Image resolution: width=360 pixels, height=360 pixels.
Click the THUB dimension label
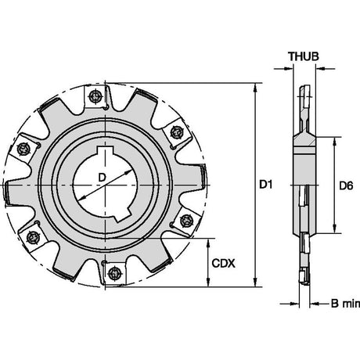pos(304,56)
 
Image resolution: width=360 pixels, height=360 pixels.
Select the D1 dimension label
pos(266,185)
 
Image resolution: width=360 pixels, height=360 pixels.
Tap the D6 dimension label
pos(346,185)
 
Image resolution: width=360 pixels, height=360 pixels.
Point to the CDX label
pos(223,264)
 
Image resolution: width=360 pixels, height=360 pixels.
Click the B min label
pos(345,304)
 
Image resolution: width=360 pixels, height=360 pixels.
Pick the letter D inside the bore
pos(102,178)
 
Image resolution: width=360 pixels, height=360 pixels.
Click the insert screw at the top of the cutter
pos(95,97)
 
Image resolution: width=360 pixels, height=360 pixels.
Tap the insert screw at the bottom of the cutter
pos(115,274)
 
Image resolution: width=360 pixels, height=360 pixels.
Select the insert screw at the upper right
pos(176,132)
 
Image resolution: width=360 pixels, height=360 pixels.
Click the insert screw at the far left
pos(23,149)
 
